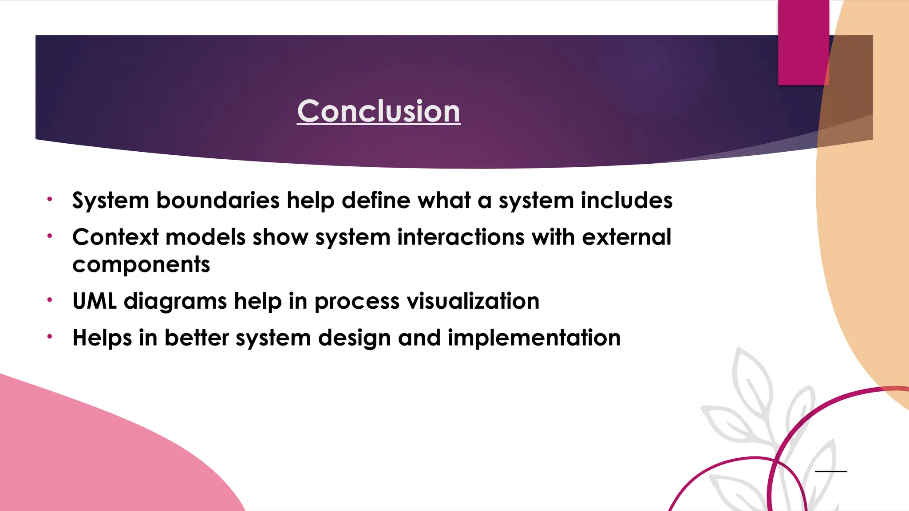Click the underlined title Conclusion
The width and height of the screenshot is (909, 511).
pos(379,111)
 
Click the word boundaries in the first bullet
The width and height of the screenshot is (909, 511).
pos(217,200)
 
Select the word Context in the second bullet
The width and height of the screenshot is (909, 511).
pos(115,237)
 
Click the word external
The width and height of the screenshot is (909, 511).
pos(626,237)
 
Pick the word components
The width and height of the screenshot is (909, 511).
pos(141,265)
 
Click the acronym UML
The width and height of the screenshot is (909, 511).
pos(95,301)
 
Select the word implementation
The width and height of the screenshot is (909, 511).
pos(534,338)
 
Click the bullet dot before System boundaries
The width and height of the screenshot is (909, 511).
pos(50,199)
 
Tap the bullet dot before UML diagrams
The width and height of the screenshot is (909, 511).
pos(50,300)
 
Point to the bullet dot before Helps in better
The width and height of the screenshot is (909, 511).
pos(50,337)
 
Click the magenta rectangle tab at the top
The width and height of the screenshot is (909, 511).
pos(803,42)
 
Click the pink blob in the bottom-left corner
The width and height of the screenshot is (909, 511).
pos(89,452)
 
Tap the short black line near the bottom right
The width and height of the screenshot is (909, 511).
pos(831,471)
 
